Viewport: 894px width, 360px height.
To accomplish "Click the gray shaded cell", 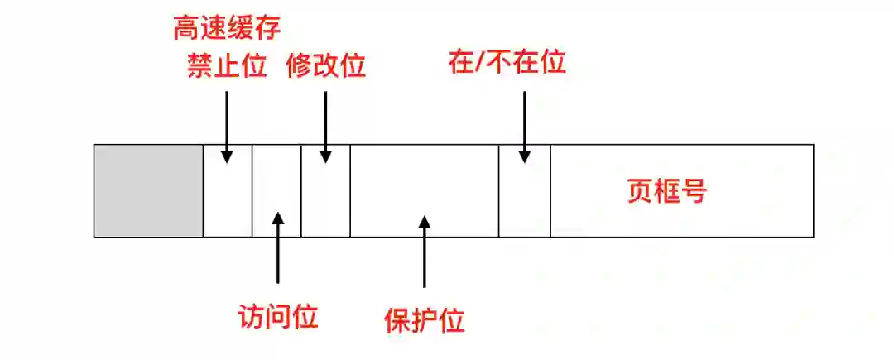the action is pyautogui.click(x=148, y=191).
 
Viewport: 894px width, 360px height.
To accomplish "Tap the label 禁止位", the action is pyautogui.click(x=227, y=65).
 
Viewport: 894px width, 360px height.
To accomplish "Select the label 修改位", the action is pyautogui.click(x=325, y=65).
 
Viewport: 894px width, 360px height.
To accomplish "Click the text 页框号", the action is pyautogui.click(x=666, y=192).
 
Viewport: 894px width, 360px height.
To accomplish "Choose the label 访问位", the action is pyautogui.click(x=277, y=316).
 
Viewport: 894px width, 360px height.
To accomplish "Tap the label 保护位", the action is pyautogui.click(x=425, y=320).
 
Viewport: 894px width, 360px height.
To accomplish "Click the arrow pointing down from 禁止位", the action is pyautogui.click(x=227, y=124).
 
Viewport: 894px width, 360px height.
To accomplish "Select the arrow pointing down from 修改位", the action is pyautogui.click(x=325, y=124).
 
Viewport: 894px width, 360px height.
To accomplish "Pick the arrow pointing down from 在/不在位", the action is pyautogui.click(x=524, y=124).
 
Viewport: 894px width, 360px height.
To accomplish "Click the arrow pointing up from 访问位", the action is pyautogui.click(x=277, y=248).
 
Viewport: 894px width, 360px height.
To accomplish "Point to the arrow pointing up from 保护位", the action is pyautogui.click(x=425, y=252).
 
